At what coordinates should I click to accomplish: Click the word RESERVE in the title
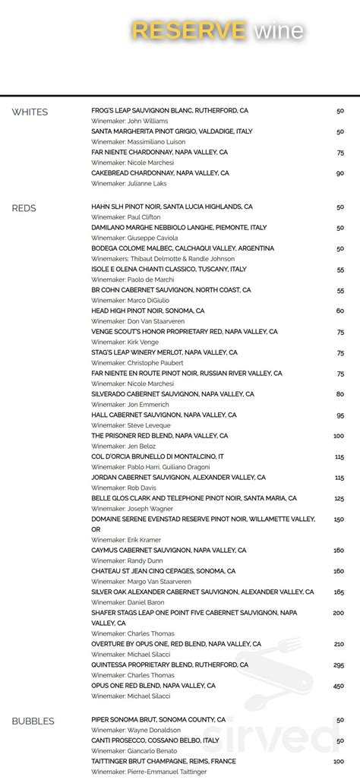[189, 30]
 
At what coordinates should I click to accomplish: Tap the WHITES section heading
[30, 112]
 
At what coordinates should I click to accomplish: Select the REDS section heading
[24, 208]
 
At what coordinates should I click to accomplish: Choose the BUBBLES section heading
[33, 721]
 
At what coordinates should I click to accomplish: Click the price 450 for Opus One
[338, 686]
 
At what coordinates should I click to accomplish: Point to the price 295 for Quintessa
[338, 665]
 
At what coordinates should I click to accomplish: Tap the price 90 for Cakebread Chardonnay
[339, 173]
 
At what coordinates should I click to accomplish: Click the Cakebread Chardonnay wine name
[159, 173]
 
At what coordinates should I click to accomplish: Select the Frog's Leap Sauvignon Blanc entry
[169, 111]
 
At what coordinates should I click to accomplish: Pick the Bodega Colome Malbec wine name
[182, 248]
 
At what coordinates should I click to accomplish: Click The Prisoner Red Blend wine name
[159, 436]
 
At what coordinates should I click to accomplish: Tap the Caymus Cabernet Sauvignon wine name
[163, 550]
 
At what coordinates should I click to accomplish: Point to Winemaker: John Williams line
[130, 121]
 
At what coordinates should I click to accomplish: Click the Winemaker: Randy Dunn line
[128, 560]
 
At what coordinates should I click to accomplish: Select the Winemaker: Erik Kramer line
[126, 540]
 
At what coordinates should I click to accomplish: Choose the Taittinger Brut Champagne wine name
[163, 761]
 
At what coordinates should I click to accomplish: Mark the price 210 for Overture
[338, 644]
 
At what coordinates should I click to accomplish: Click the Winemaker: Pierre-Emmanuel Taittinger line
[148, 772]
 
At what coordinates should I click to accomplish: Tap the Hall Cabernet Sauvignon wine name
[163, 415]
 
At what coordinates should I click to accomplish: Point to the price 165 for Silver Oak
[338, 592]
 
